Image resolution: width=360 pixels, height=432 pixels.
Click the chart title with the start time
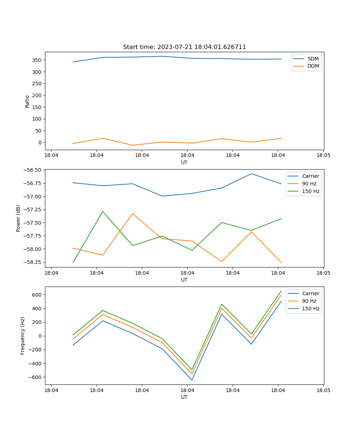point(184,47)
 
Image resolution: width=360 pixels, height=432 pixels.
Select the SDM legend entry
point(313,59)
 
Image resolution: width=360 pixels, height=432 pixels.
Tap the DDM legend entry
point(313,66)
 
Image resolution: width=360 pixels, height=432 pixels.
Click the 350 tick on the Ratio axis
point(37,60)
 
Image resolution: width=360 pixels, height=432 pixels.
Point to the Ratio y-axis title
point(27,101)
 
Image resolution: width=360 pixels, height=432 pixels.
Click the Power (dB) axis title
point(18,218)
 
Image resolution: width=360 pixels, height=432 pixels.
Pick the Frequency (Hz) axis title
point(23,336)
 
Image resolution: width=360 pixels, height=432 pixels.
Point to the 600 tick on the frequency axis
point(37,295)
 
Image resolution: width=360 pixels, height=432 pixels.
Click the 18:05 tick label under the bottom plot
point(323,390)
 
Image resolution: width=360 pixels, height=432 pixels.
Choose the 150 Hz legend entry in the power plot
point(311,191)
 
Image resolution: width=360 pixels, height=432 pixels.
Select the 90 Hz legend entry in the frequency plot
point(309,301)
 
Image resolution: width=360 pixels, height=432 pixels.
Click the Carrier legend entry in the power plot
point(311,176)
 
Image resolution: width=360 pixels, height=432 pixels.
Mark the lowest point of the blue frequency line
point(192,380)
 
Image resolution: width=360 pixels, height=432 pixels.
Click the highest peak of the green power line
point(103,211)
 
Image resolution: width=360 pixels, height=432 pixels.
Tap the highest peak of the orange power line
point(132,213)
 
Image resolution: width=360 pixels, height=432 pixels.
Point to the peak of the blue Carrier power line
point(251,174)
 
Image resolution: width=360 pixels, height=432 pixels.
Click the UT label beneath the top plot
point(184,162)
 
